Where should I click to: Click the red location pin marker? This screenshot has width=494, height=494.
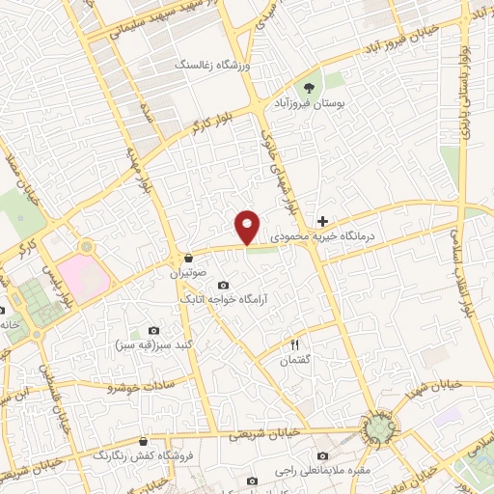click(x=248, y=227)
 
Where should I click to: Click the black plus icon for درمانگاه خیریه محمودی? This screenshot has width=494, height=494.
click(x=323, y=222)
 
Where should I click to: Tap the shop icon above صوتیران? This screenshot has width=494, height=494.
click(x=187, y=259)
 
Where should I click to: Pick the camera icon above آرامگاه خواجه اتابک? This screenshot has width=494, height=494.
click(x=223, y=285)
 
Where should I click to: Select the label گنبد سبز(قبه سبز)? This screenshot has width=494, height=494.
click(x=154, y=345)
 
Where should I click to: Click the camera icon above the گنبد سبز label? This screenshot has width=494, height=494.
click(x=154, y=331)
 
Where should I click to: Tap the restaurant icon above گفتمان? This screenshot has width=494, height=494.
click(x=296, y=345)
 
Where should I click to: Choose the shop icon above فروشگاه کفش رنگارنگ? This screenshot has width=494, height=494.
click(x=143, y=440)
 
